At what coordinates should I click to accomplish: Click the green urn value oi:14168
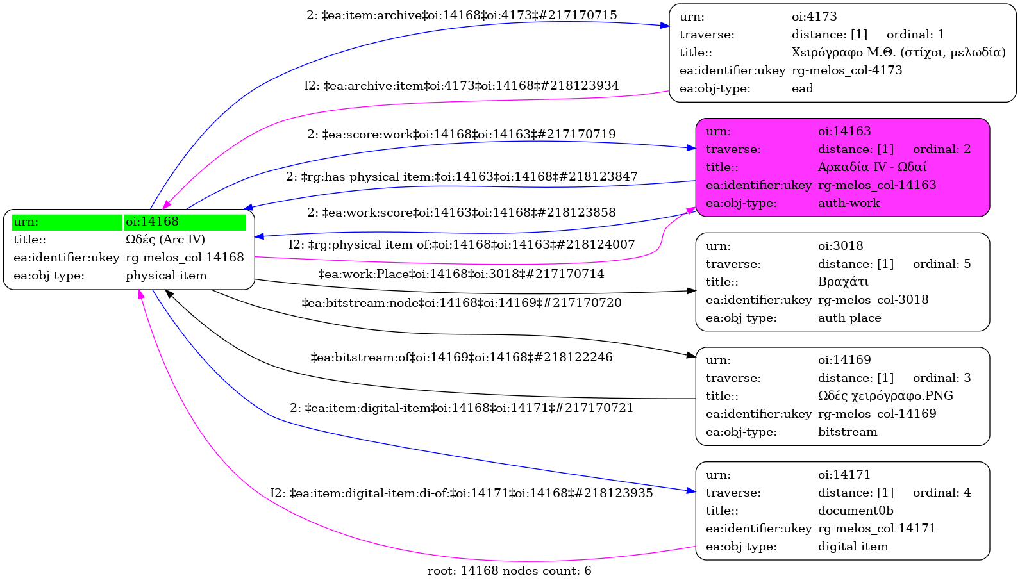pyautogui.click(x=152, y=222)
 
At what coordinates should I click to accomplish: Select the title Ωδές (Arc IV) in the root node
pyautogui.click(x=165, y=240)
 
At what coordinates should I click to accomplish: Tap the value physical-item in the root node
pyautogui.click(x=166, y=276)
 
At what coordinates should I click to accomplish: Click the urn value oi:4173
pyautogui.click(x=814, y=17)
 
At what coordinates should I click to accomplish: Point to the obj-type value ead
pyautogui.click(x=802, y=88)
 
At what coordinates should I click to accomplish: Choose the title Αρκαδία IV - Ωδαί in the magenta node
pyautogui.click(x=872, y=167)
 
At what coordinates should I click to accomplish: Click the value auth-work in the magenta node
pyautogui.click(x=849, y=203)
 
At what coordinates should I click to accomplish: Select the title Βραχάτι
pyautogui.click(x=843, y=282)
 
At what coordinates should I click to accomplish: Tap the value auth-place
pyautogui.click(x=849, y=318)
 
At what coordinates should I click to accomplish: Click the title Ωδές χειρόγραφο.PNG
pyautogui.click(x=885, y=396)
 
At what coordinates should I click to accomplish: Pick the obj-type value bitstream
pyautogui.click(x=848, y=432)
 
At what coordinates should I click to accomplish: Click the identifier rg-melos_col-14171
pyautogui.click(x=876, y=529)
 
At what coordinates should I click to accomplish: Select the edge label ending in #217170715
pyautogui.click(x=462, y=15)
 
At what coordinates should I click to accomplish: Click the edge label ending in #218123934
pyautogui.click(x=462, y=86)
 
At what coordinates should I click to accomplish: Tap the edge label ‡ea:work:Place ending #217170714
pyautogui.click(x=461, y=274)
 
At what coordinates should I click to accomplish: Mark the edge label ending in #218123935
pyautogui.click(x=462, y=493)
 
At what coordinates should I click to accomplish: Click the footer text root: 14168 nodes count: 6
pyautogui.click(x=509, y=571)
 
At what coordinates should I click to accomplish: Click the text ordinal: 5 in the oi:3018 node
pyautogui.click(x=941, y=264)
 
